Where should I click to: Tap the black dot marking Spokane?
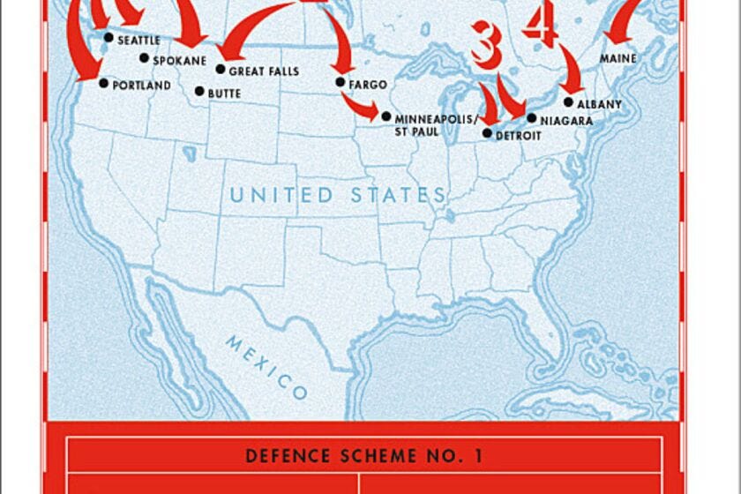pyautogui.click(x=145, y=58)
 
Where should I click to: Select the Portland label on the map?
pyautogui.click(x=141, y=86)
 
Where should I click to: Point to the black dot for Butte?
pyautogui.click(x=199, y=91)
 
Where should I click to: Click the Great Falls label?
pyautogui.click(x=264, y=71)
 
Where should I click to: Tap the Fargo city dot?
pyautogui.click(x=341, y=82)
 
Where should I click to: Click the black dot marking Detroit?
pyautogui.click(x=487, y=132)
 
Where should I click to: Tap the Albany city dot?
pyautogui.click(x=568, y=101)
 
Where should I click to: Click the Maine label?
pyautogui.click(x=618, y=58)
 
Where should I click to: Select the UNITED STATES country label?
pyautogui.click(x=338, y=195)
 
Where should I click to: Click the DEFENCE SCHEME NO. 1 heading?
pyautogui.click(x=363, y=455)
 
